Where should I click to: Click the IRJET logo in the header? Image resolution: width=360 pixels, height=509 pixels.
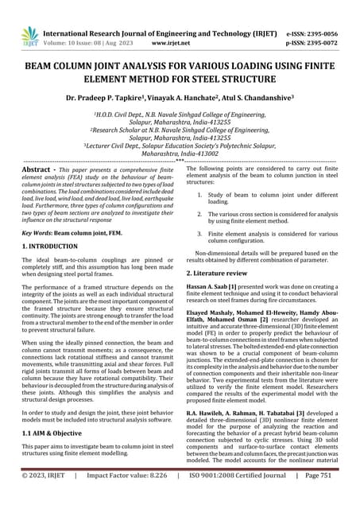tap(30, 36)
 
